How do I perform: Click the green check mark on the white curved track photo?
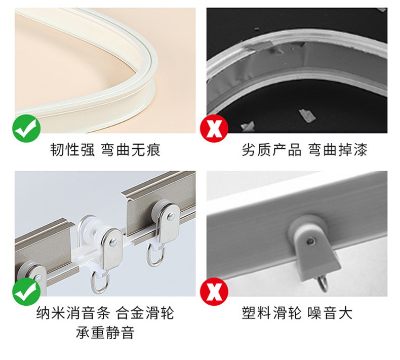[x=26, y=128]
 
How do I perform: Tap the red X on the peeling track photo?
[x=214, y=128]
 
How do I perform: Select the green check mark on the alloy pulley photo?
[x=26, y=292]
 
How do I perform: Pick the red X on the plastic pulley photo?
[x=214, y=292]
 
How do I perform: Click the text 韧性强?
[x=72, y=150]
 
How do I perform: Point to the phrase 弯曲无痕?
[x=131, y=150]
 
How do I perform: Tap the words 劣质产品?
[x=271, y=150]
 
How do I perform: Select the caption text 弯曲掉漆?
[x=338, y=150]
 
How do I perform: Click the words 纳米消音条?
[x=73, y=313]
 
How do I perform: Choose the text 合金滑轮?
[x=145, y=313]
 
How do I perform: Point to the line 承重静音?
[x=105, y=333]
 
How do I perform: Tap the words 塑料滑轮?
[x=271, y=313]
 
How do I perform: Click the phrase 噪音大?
[x=330, y=313]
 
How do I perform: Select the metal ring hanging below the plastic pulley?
[x=323, y=284]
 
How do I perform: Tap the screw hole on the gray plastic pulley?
[x=311, y=241]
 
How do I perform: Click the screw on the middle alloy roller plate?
[x=113, y=242]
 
